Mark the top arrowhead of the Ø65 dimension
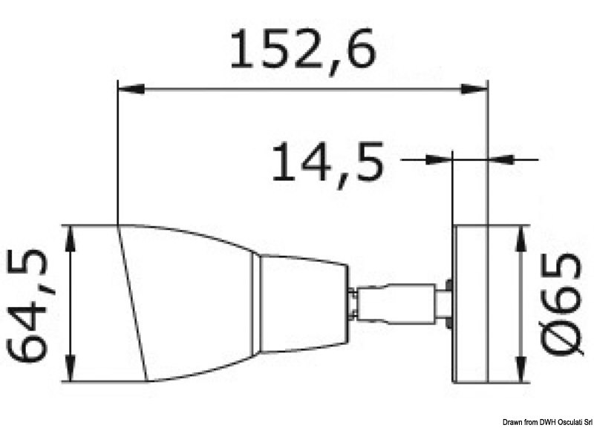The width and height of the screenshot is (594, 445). point(522,236)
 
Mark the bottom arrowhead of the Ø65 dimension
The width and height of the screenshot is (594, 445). point(522,373)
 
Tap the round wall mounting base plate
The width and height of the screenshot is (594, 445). point(469,304)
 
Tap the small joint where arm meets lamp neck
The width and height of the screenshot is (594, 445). point(353,302)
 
